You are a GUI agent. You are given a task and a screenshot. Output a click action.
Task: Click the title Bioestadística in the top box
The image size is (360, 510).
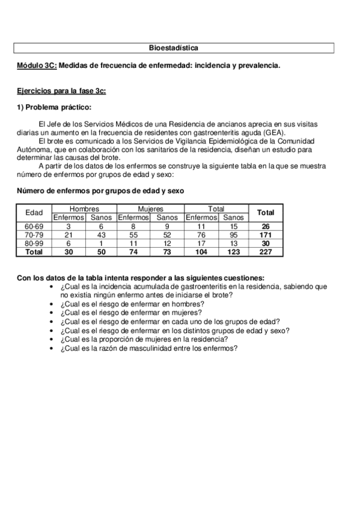point(174,47)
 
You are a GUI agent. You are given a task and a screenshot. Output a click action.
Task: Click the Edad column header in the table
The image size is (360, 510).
point(34,213)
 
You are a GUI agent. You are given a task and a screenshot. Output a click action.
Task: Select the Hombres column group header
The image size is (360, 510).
point(84,209)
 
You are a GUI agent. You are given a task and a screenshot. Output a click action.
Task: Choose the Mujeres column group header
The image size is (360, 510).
point(151,209)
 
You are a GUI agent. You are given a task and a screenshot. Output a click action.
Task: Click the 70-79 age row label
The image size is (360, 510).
point(34,235)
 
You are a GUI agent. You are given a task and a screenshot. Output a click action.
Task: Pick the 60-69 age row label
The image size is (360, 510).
point(34,226)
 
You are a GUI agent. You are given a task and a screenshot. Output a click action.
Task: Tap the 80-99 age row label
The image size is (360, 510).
point(34,244)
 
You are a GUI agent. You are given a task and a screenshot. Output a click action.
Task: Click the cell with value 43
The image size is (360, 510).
point(101,235)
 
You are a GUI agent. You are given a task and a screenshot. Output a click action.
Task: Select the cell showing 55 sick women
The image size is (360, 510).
point(133,235)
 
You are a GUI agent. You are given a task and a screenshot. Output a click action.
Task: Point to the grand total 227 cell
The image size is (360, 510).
point(265,253)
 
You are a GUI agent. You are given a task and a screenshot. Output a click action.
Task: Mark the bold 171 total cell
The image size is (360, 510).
point(265,235)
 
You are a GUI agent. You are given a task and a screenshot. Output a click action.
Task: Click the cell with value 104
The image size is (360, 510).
point(201,253)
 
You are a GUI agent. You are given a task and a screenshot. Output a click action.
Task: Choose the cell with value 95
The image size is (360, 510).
point(234,235)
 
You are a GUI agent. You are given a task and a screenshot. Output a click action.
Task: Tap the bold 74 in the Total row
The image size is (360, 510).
point(133,253)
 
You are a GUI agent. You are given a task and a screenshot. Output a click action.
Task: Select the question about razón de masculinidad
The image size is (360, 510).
point(148,348)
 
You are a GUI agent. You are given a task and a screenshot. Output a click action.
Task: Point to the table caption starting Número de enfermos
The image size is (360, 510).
point(100,191)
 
